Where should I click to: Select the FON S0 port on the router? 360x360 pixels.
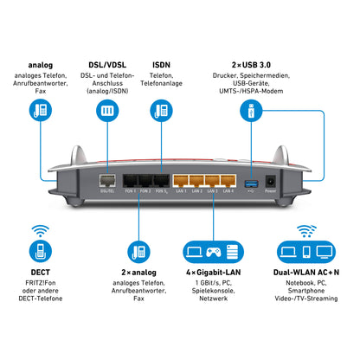(x=161, y=183)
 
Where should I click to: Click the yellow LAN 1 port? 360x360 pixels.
(x=182, y=183)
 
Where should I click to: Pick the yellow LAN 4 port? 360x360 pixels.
(x=228, y=183)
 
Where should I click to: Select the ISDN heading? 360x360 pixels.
(x=160, y=65)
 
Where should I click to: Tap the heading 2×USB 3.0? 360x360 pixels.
(x=249, y=65)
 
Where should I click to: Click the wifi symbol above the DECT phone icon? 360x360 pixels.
(x=40, y=232)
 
